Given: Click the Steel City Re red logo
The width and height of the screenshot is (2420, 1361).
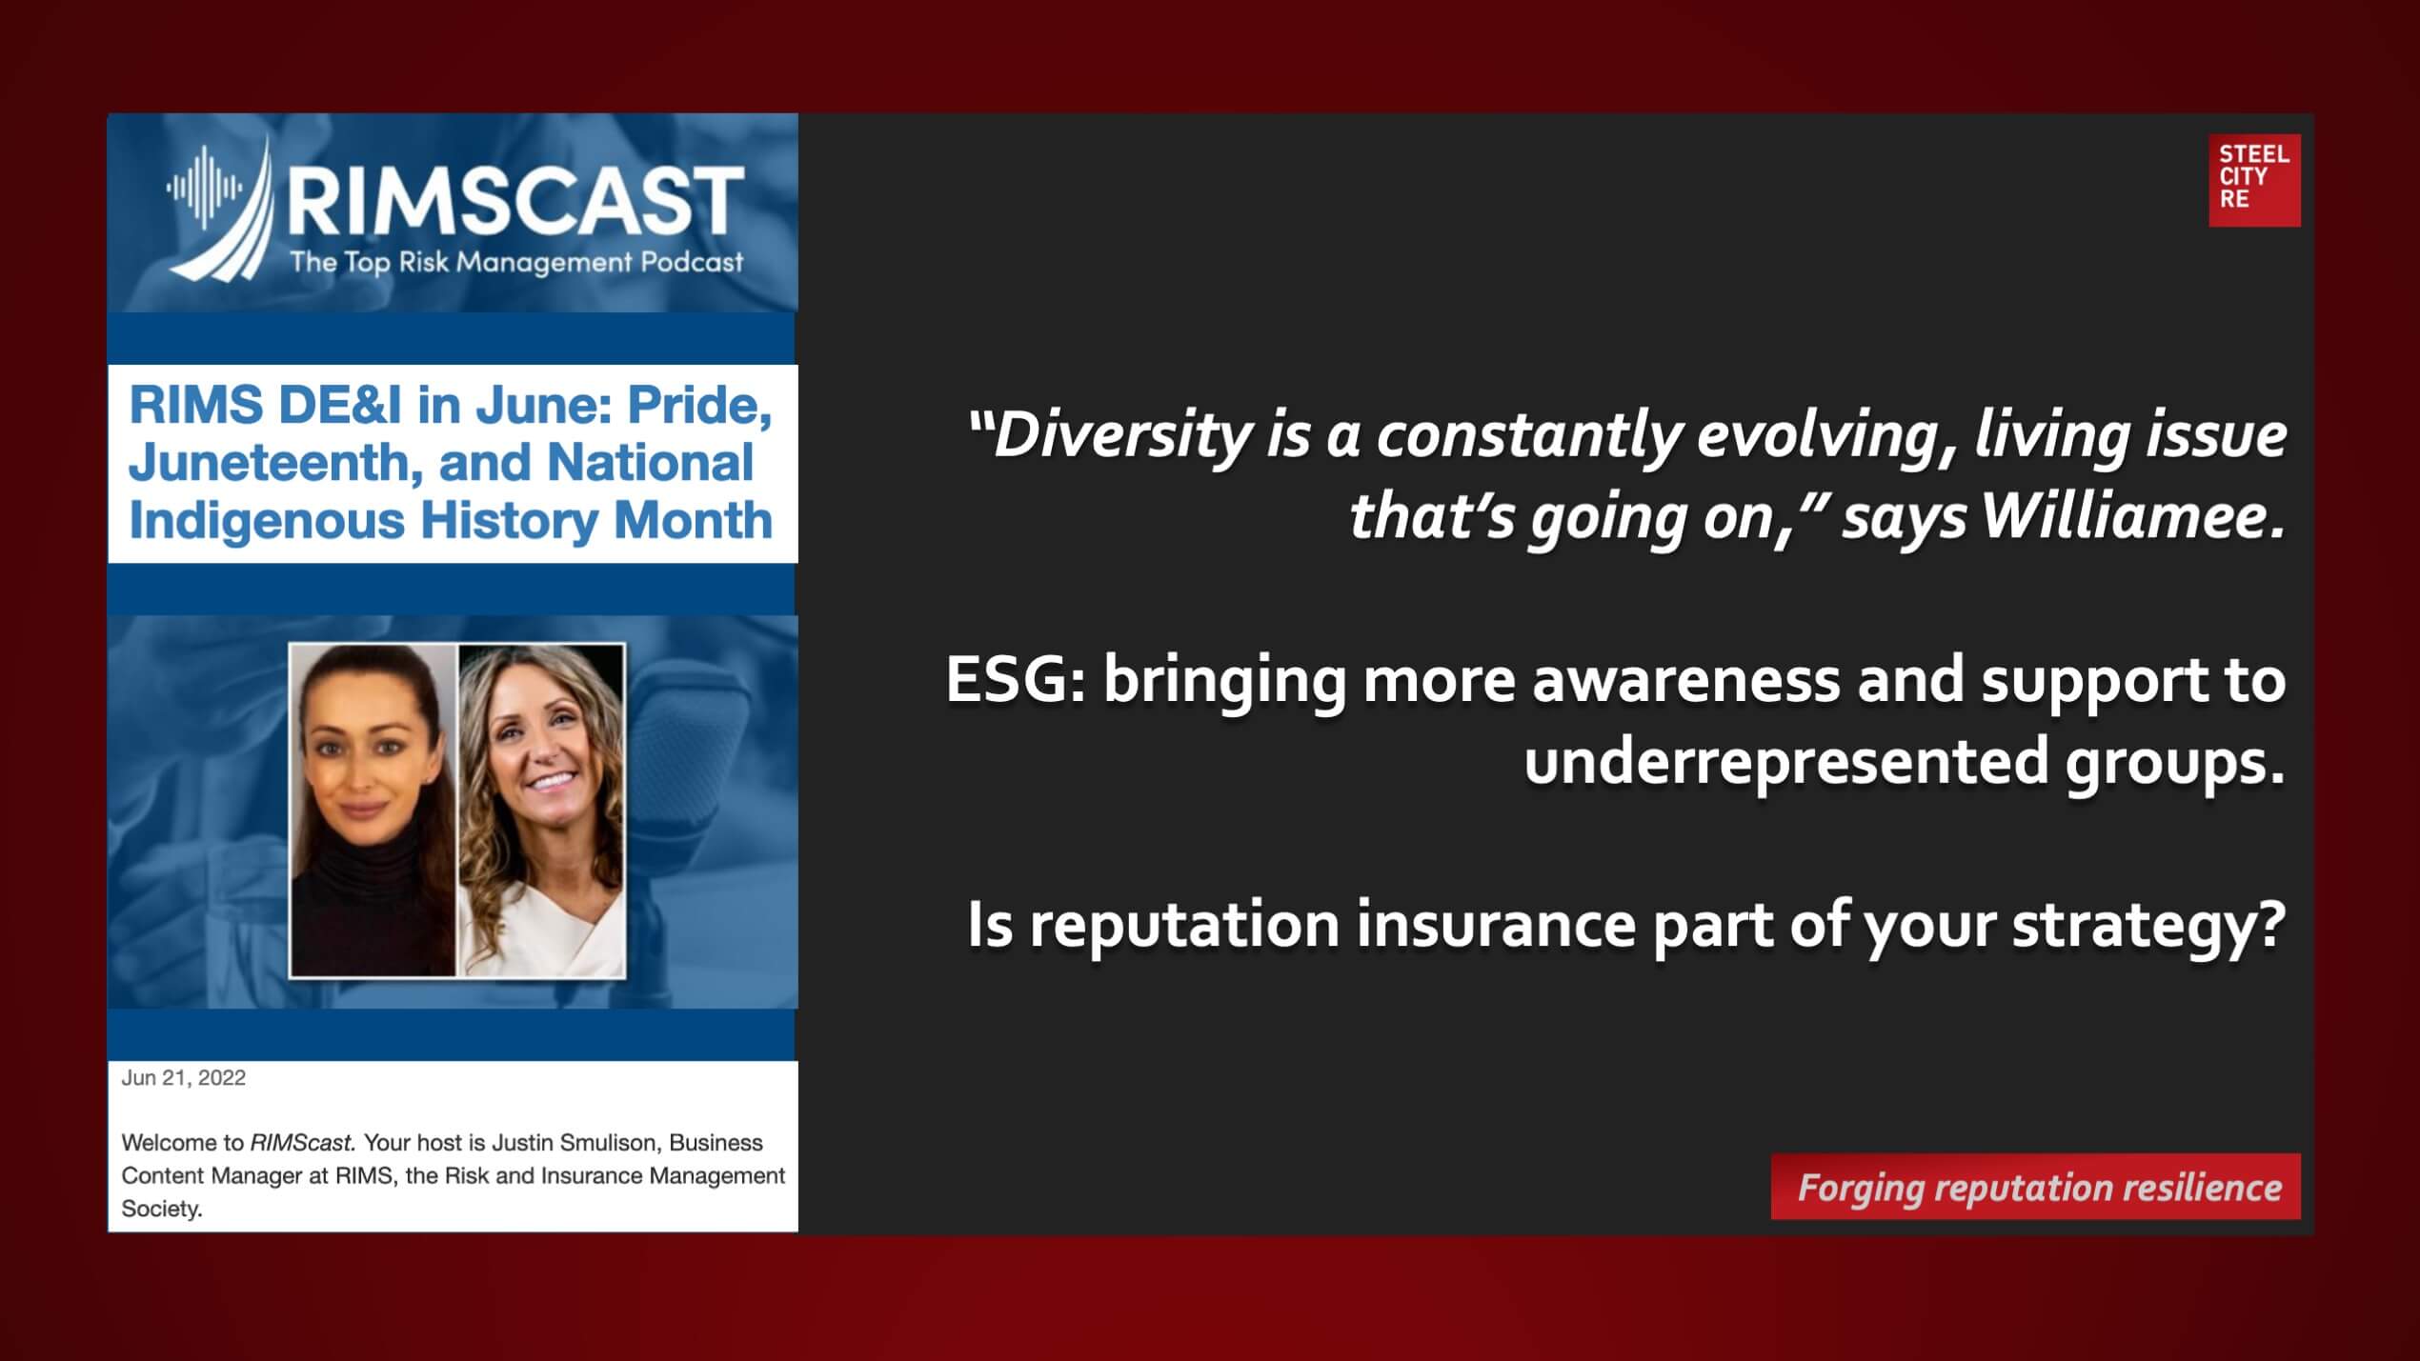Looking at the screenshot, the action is pyautogui.click(x=2254, y=180).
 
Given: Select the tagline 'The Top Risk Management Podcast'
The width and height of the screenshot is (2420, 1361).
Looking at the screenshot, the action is pyautogui.click(x=516, y=262).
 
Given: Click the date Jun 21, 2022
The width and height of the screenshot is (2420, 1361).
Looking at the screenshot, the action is pyautogui.click(x=183, y=1077).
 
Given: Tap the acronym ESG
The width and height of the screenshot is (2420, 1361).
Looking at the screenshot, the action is pyautogui.click(x=1010, y=681).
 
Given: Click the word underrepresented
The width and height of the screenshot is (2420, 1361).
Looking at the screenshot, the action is pyautogui.click(x=1786, y=762).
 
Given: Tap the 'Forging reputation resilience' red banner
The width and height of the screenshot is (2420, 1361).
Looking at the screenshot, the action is pyautogui.click(x=2035, y=1187).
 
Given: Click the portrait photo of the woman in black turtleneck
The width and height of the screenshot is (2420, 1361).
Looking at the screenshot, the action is pyautogui.click(x=373, y=810).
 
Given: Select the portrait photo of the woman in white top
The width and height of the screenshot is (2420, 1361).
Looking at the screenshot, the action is pyautogui.click(x=541, y=810).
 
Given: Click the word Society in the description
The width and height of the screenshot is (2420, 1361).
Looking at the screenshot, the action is pyautogui.click(x=161, y=1210).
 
